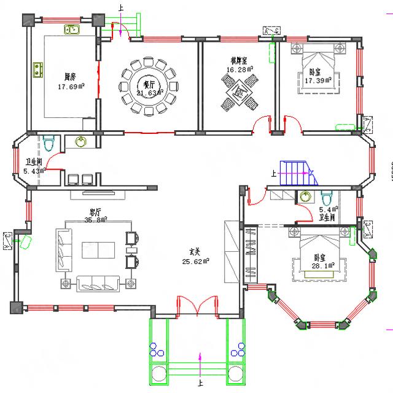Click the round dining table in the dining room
[147, 87]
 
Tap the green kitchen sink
[71, 29]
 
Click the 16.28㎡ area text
[238, 69]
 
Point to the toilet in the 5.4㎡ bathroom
[327, 198]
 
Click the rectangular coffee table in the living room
[98, 249]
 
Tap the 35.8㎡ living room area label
[95, 219]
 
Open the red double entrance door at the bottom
[197, 305]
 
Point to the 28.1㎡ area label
[323, 266]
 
